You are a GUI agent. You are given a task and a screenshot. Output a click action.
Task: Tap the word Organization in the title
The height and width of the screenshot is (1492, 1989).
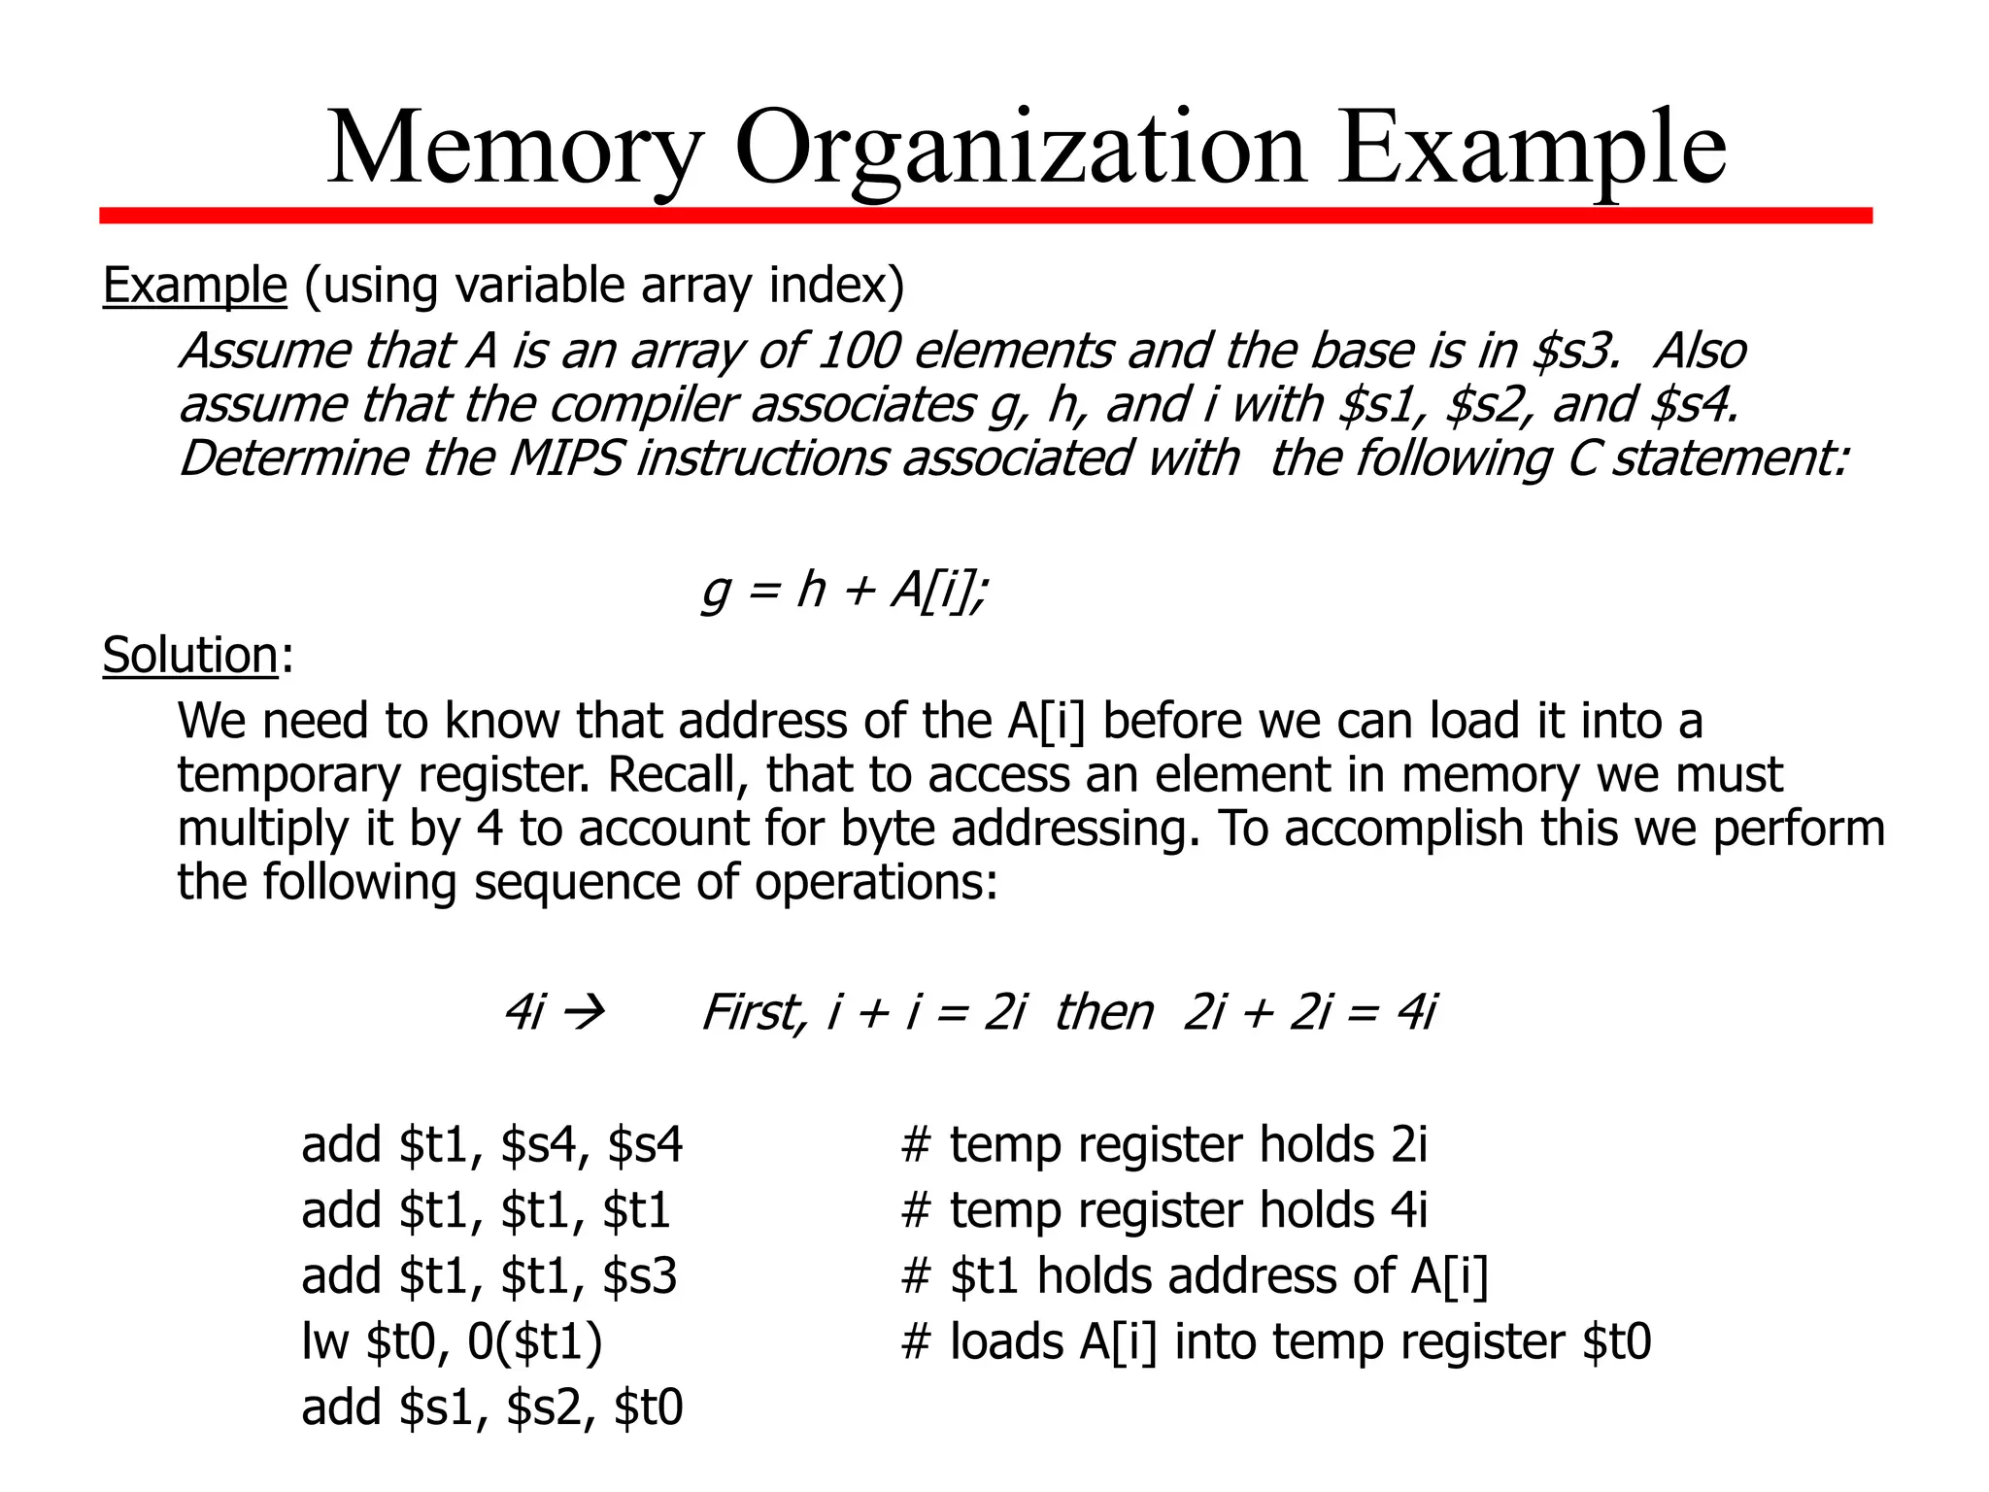[x=1021, y=149]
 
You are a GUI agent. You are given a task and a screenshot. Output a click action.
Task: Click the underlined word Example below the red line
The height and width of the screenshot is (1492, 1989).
[x=195, y=286]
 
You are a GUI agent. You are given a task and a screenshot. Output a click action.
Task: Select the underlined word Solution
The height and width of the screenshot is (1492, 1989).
[x=191, y=655]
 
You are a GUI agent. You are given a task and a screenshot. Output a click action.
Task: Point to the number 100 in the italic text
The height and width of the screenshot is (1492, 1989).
[x=859, y=351]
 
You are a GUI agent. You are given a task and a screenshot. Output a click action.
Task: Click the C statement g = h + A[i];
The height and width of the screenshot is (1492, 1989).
[x=844, y=590]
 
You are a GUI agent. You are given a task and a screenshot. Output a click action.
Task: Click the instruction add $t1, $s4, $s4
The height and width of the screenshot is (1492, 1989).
[x=491, y=1144]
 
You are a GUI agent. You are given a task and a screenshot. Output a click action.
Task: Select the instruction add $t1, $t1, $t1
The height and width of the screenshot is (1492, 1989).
[x=486, y=1210]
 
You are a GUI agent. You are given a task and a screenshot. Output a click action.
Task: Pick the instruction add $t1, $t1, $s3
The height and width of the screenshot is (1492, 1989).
[x=489, y=1275]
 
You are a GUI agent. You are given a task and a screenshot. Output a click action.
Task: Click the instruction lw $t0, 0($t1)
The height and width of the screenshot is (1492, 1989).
[x=452, y=1341]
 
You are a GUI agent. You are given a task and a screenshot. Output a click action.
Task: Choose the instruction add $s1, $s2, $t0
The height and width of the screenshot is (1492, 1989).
[x=491, y=1407]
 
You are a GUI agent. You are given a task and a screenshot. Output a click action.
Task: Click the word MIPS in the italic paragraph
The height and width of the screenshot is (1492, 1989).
[x=565, y=458]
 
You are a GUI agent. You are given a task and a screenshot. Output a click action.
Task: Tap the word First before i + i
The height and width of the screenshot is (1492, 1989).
[x=754, y=1013]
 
